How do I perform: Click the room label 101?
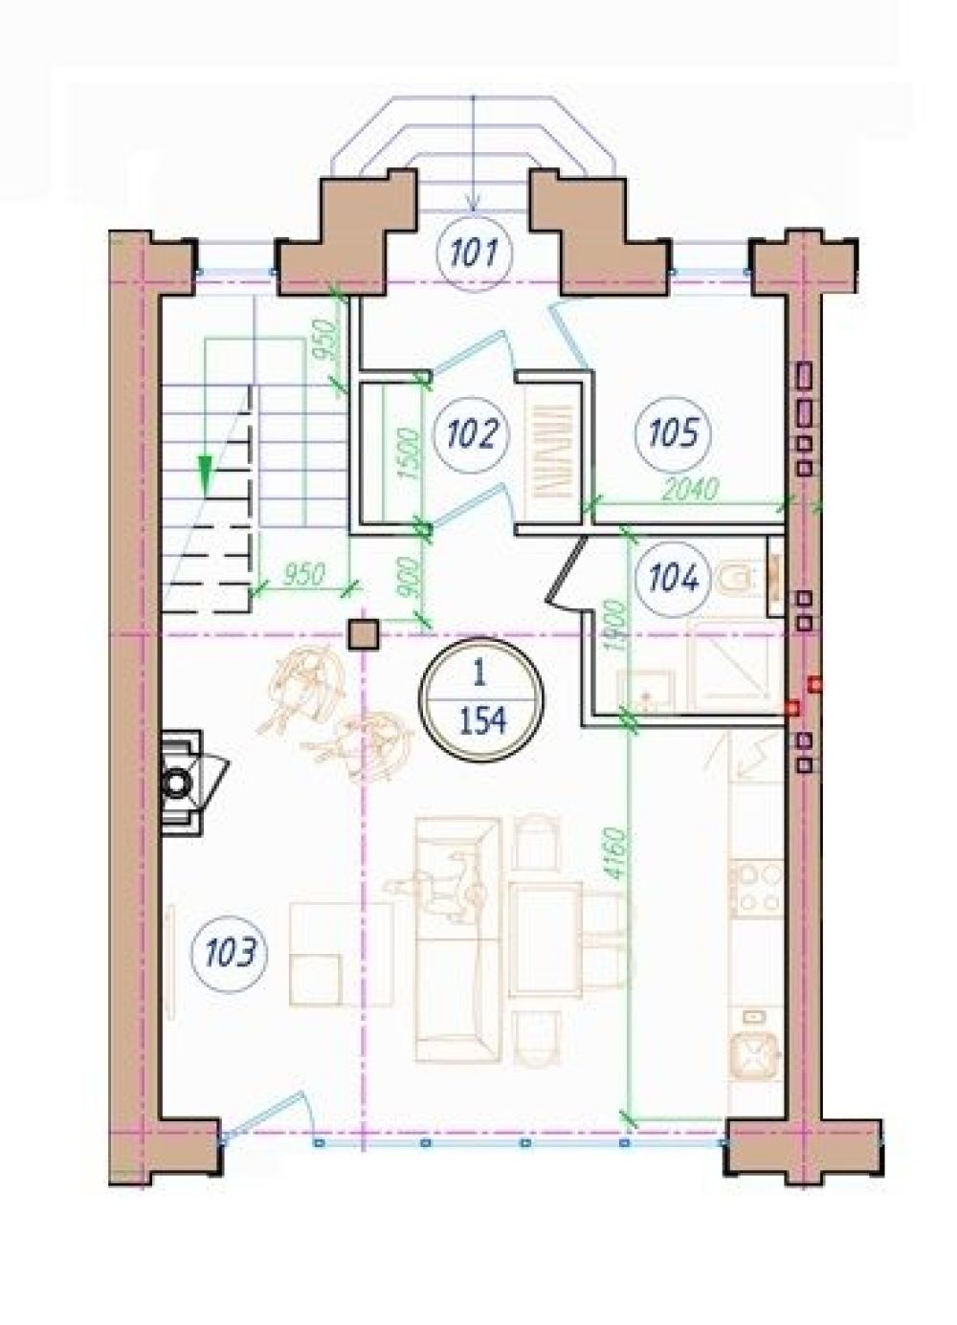click(x=473, y=254)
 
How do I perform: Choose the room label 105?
click(x=674, y=433)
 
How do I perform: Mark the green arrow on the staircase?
click(x=205, y=474)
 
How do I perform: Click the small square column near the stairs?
click(x=363, y=635)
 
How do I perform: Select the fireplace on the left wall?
click(x=185, y=784)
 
